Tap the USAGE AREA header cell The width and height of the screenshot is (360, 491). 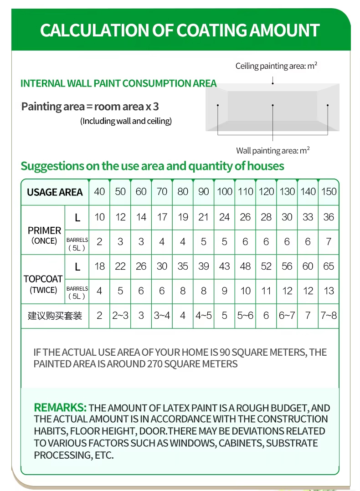(55, 192)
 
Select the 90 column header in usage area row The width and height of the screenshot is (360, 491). (204, 192)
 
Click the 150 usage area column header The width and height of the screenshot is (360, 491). (329, 192)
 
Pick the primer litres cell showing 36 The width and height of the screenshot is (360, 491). (329, 217)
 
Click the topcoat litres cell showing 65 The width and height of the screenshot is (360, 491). (329, 266)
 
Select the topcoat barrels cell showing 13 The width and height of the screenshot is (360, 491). (329, 291)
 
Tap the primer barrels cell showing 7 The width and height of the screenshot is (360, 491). (329, 242)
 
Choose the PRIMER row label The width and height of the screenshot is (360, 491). (44, 230)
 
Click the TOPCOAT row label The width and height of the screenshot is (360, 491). (43, 279)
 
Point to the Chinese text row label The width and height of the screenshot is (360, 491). (55, 316)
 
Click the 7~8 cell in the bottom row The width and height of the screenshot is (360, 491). (329, 316)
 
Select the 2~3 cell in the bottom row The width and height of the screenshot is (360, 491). (120, 316)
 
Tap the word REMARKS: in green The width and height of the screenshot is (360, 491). (60, 407)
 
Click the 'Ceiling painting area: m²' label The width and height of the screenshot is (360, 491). (276, 66)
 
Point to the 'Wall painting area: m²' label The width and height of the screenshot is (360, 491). (273, 151)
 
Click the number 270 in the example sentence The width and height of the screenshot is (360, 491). (154, 364)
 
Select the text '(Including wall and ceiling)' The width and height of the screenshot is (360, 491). (126, 121)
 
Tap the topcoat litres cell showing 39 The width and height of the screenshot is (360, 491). (204, 266)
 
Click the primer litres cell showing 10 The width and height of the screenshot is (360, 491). (99, 217)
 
